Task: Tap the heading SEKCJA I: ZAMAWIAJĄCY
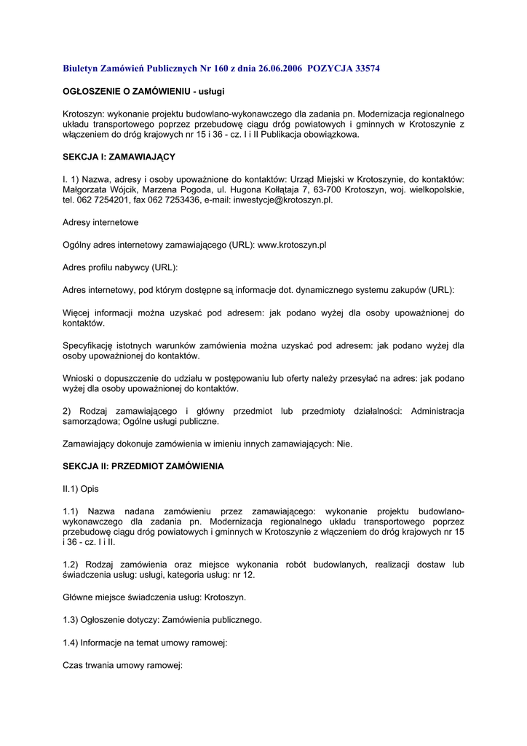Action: pyautogui.click(x=119, y=157)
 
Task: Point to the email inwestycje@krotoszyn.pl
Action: pyautogui.click(x=283, y=200)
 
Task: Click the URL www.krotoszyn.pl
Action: pyautogui.click(x=292, y=245)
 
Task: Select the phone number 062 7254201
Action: pyautogui.click(x=108, y=200)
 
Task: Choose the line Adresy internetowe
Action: pyautogui.click(x=100, y=222)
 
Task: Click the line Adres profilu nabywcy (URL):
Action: pyautogui.click(x=120, y=267)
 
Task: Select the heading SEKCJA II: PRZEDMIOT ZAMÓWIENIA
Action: pyautogui.click(x=143, y=466)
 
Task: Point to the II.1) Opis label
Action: pyautogui.click(x=80, y=488)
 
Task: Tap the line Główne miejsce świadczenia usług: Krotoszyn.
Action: pyautogui.click(x=154, y=597)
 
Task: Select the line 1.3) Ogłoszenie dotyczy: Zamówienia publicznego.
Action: pyautogui.click(x=162, y=620)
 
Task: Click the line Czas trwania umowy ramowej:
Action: pyautogui.click(x=122, y=665)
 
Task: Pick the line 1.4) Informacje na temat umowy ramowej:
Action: pyautogui.click(x=146, y=643)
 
